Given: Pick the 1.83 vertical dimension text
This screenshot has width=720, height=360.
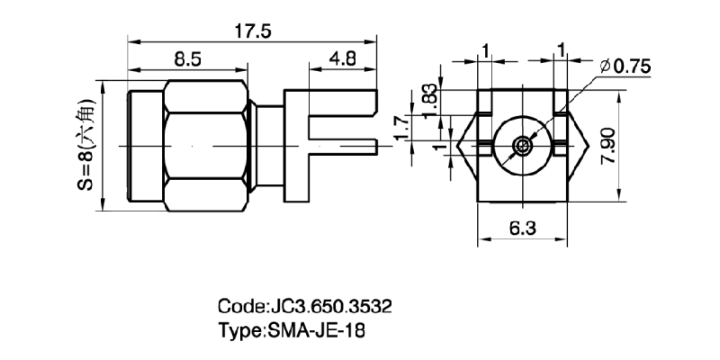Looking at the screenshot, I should [431, 101].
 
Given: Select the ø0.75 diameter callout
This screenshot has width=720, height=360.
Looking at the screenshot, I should [626, 66].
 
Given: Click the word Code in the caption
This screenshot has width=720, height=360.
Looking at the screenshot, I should [242, 306].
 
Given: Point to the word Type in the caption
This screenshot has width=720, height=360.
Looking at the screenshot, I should [239, 329].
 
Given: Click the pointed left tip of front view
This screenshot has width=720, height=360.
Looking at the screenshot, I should [457, 145].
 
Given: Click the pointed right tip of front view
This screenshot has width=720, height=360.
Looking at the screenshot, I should [588, 145].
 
